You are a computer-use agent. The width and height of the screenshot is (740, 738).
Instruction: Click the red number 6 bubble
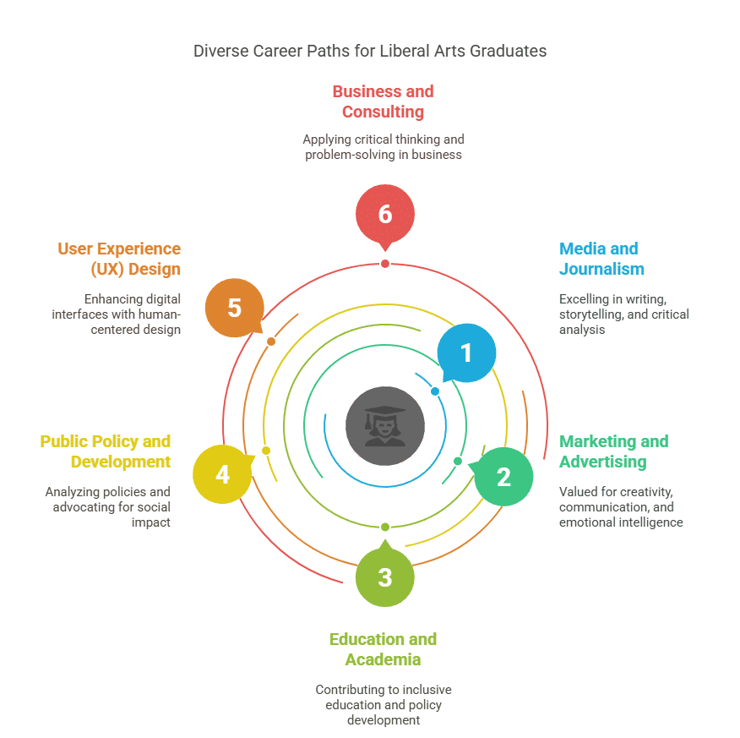[x=385, y=215]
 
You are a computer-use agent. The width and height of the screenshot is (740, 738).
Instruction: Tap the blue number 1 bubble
[x=466, y=353]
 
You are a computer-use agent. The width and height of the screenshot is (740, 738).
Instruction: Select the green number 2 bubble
[x=503, y=477]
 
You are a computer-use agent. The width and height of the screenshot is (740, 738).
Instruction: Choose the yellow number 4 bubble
[x=223, y=474]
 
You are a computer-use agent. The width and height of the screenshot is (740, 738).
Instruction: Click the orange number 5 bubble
[x=235, y=308]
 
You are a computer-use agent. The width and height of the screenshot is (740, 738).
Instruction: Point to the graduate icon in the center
[x=385, y=426]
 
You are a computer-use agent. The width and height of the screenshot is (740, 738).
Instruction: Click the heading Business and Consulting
[x=384, y=101]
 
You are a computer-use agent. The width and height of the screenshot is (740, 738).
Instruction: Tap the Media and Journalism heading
[x=601, y=259]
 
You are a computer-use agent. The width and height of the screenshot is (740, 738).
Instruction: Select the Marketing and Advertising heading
[x=614, y=451]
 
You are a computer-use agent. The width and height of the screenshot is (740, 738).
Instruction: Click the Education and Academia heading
[x=384, y=649]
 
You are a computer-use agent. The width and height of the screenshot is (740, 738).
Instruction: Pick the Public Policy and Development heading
[x=106, y=451]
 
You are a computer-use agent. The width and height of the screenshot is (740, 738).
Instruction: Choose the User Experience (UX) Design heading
[x=119, y=259]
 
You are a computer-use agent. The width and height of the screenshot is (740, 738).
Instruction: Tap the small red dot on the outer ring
[x=385, y=264]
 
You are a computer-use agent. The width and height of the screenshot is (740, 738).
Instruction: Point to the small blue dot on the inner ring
[x=435, y=391]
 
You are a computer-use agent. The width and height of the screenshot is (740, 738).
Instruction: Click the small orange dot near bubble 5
[x=271, y=342]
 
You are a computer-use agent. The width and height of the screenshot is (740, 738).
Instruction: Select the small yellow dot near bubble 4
[x=266, y=451]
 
